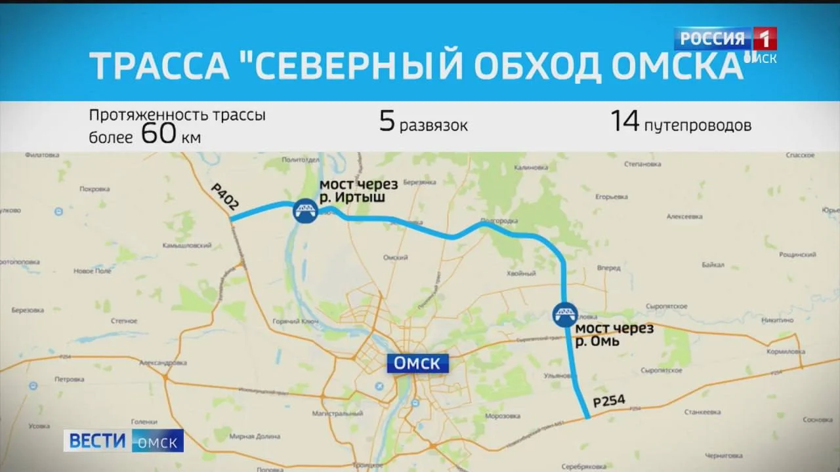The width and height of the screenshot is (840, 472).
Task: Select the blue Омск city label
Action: point(417,363)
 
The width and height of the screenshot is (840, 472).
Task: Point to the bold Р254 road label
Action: point(608,401)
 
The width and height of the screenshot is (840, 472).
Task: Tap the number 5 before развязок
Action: point(387,122)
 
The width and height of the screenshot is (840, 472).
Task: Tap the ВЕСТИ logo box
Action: point(97,441)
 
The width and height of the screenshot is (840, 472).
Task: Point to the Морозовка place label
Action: point(502,416)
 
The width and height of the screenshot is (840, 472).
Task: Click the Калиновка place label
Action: point(530,168)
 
